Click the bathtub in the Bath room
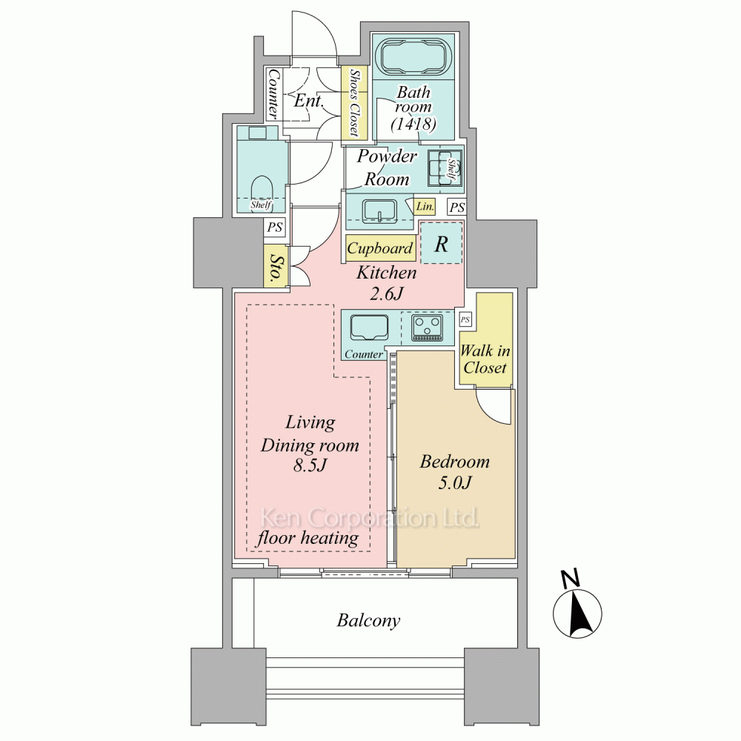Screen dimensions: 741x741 click(413, 57)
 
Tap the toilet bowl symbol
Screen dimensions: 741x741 click(262, 191)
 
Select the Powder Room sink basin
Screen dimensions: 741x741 click(380, 210)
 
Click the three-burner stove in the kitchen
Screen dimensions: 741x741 click(428, 328)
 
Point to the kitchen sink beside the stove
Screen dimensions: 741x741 click(369, 328)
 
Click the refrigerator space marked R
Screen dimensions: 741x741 click(441, 243)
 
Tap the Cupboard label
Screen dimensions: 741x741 click(380, 248)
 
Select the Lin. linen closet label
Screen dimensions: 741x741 click(425, 207)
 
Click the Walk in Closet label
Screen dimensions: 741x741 click(485, 359)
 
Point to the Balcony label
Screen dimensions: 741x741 click(368, 620)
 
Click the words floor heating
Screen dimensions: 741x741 click(308, 538)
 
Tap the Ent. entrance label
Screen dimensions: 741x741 click(309, 100)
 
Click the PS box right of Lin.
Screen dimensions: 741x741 click(457, 207)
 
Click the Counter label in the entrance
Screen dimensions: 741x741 click(273, 94)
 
